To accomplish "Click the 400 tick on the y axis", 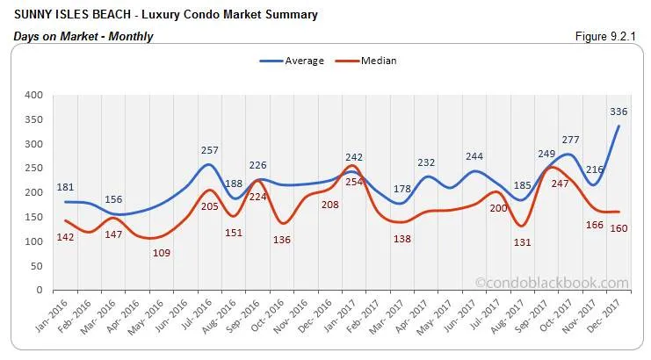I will [33, 95].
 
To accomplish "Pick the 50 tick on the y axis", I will [36, 266].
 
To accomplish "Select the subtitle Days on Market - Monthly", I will [83, 37].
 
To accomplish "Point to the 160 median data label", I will [618, 228].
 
